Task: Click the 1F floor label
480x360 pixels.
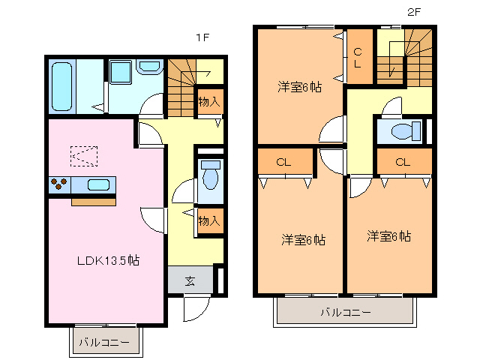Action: click(x=202, y=37)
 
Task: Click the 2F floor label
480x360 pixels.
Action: click(x=414, y=12)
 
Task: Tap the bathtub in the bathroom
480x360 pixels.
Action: click(x=62, y=86)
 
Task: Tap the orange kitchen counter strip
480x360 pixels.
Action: click(x=94, y=201)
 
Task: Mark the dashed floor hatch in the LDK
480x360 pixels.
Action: click(x=83, y=155)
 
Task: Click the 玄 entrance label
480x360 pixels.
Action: click(x=190, y=280)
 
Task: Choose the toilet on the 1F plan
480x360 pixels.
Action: click(x=211, y=175)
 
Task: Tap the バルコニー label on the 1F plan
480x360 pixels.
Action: click(x=104, y=342)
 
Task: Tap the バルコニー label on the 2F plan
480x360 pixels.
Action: click(x=345, y=311)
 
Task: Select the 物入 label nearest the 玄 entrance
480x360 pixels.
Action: click(x=209, y=220)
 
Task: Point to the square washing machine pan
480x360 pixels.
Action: click(x=121, y=73)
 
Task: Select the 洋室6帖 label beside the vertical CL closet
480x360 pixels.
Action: click(x=300, y=87)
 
